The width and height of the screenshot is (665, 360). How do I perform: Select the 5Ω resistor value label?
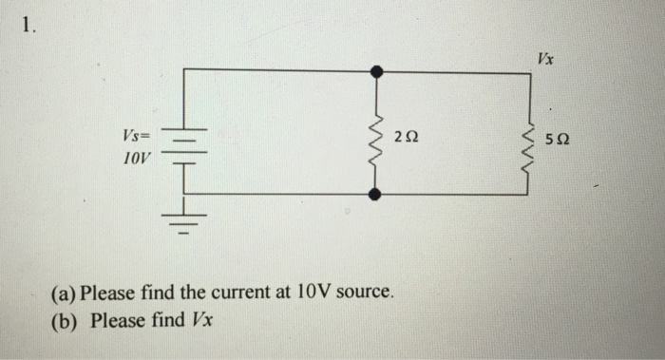[559, 141]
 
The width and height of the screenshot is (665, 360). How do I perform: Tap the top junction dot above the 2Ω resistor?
[377, 70]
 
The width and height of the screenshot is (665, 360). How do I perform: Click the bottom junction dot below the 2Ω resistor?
[377, 194]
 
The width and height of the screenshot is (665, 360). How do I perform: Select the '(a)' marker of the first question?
[65, 293]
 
